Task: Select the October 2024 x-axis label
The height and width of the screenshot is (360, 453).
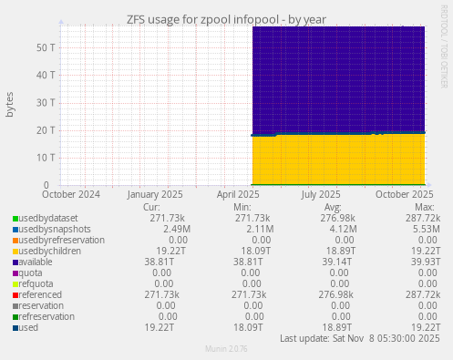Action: click(71, 194)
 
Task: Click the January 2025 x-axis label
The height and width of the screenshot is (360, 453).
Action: click(155, 194)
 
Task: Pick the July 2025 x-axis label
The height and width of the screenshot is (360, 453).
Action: click(321, 194)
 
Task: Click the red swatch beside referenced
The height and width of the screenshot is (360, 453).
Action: click(15, 294)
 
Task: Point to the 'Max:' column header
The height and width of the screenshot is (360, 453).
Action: click(424, 208)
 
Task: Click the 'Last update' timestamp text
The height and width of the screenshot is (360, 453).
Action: click(360, 338)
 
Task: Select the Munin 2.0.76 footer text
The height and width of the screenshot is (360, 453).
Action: click(226, 349)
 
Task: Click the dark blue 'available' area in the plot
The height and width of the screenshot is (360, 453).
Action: click(337, 82)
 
